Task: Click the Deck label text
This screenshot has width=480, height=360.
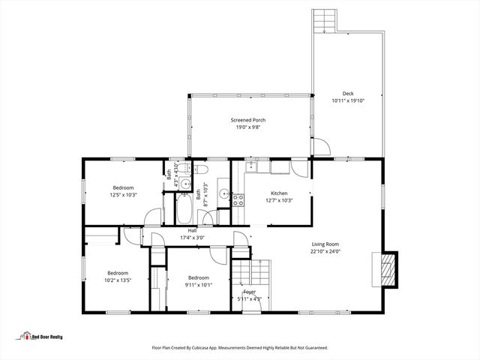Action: tap(347, 94)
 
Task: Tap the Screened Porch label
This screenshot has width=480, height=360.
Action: tap(247, 120)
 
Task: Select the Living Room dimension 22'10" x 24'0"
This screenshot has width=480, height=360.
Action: tap(326, 251)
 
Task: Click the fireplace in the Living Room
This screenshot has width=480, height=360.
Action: tap(386, 268)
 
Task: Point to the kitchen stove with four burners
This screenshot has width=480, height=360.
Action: tap(238, 200)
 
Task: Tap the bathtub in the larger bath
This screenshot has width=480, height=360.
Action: tap(184, 208)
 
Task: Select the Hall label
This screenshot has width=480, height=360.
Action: tap(192, 230)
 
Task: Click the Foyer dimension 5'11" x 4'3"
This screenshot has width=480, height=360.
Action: tap(249, 298)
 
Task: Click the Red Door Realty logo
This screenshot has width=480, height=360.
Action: tap(41, 336)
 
